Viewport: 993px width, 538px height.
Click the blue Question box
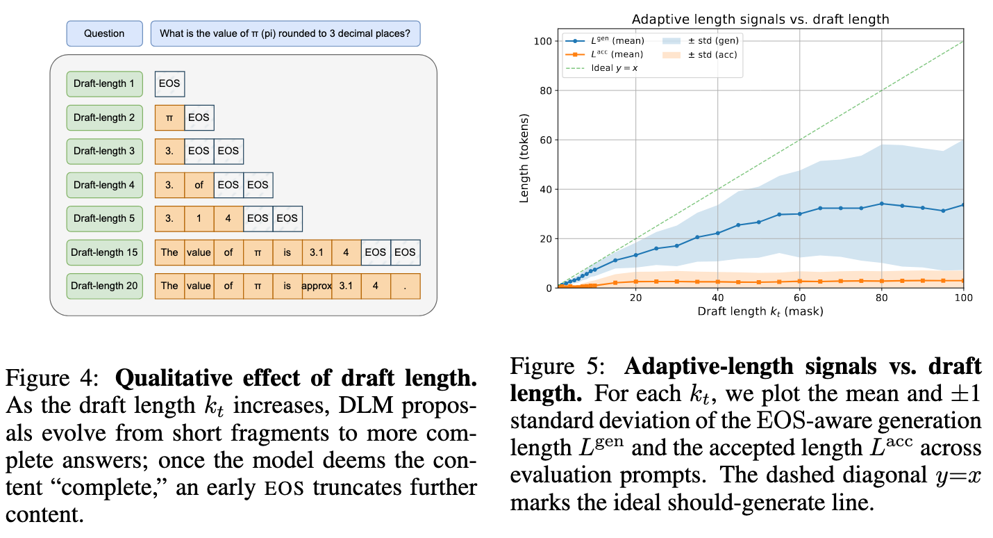tap(104, 33)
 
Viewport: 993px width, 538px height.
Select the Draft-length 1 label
tap(104, 83)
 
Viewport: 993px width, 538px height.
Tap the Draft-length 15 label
tap(104, 252)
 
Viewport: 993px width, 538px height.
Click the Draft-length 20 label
tap(104, 286)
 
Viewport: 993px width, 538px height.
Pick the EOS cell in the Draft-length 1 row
tap(169, 83)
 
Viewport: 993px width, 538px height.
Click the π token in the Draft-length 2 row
tap(169, 117)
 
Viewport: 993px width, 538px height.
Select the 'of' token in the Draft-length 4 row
tap(199, 185)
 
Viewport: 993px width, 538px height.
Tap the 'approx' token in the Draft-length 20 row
tap(317, 286)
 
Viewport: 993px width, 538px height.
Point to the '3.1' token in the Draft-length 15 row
tap(317, 252)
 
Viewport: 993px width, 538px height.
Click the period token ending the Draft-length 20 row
tap(405, 286)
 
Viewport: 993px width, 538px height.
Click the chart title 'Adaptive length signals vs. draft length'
tap(759, 19)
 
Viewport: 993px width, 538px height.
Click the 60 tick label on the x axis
tap(799, 297)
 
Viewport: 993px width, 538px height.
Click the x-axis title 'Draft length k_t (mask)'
tap(760, 311)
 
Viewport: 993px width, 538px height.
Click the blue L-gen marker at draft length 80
tap(881, 204)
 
